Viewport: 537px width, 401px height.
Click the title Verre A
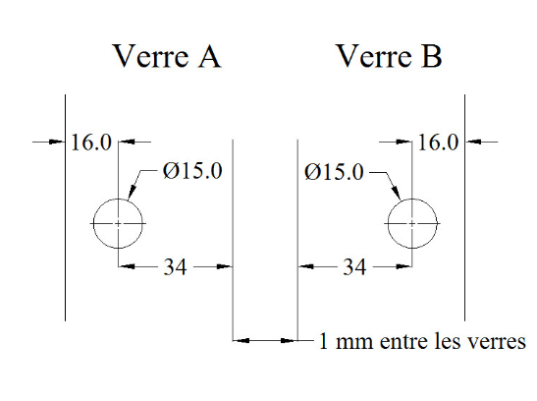coord(167,56)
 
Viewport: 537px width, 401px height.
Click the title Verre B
coord(390,56)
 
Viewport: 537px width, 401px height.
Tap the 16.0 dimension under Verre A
coord(91,143)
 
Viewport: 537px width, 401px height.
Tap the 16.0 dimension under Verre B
coord(438,143)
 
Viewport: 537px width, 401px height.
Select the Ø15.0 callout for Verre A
coord(192,171)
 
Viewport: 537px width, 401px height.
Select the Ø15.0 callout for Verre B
coord(334,172)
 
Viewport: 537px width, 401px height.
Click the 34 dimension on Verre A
coord(175,266)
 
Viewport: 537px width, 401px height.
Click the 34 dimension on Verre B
coord(354,266)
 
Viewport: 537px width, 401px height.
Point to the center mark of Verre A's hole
coord(118,223)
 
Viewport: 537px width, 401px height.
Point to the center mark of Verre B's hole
coord(412,223)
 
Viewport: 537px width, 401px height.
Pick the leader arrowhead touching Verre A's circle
coord(132,192)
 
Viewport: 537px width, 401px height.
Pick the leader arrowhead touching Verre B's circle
coord(396,193)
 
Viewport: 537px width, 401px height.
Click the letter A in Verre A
coord(209,56)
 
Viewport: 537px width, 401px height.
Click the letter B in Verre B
coord(432,56)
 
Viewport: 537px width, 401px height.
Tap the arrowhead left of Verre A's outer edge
coord(57,142)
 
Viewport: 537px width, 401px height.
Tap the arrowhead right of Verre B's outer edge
coord(473,142)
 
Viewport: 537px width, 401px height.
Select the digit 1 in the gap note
coord(323,342)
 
